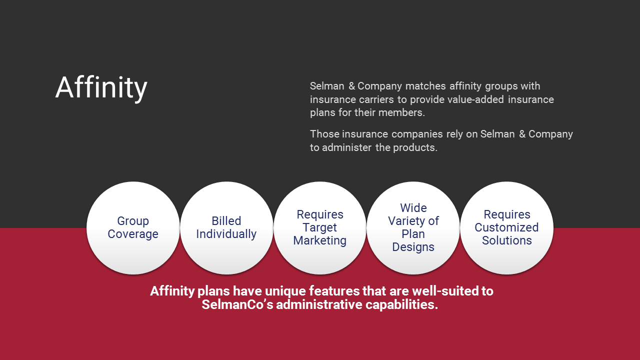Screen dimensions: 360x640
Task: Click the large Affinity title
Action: pos(101,88)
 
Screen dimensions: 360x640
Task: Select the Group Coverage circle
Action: pos(133,228)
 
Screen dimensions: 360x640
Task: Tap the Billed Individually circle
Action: pos(226,228)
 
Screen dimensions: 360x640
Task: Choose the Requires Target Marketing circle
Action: pos(320,228)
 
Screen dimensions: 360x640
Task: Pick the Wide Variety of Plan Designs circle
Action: pos(413,228)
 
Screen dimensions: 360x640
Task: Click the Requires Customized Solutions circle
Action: pos(506,228)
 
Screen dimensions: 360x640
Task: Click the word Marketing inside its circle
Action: pos(320,240)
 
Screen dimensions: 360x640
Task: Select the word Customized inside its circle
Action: pos(506,227)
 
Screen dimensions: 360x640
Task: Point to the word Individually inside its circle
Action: pos(226,234)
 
